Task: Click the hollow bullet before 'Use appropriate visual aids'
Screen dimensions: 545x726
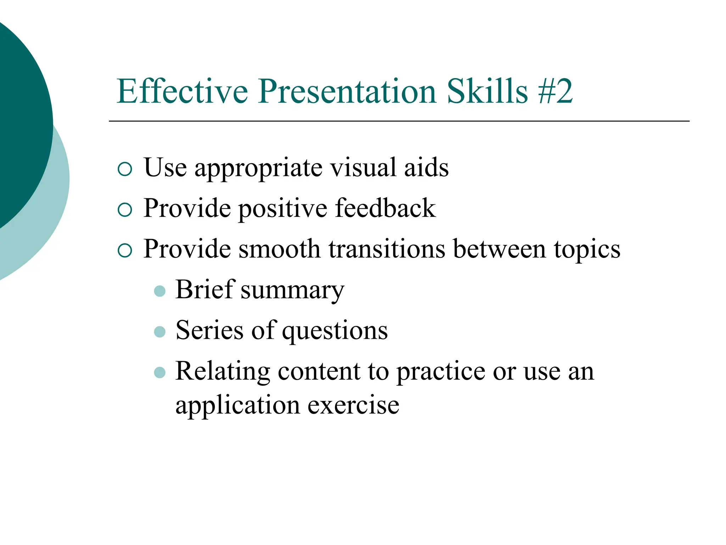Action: [125, 169]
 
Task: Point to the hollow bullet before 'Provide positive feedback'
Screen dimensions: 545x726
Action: [125, 210]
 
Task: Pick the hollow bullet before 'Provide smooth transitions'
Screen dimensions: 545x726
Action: [125, 251]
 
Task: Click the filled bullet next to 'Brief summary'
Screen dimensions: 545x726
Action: [160, 291]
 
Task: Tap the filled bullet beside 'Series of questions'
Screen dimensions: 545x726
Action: [160, 332]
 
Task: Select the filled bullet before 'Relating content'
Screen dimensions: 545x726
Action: [160, 373]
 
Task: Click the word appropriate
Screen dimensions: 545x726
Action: [258, 169]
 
